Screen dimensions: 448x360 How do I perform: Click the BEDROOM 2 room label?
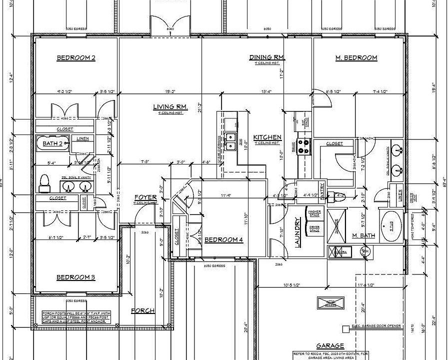(76, 58)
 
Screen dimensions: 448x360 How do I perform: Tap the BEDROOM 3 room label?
(75, 277)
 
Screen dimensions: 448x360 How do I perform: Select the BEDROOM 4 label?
(223, 240)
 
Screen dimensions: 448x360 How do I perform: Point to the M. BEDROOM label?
(356, 58)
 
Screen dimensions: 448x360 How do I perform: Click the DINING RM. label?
(267, 57)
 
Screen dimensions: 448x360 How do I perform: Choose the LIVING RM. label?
(170, 106)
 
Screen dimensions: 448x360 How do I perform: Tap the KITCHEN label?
(267, 137)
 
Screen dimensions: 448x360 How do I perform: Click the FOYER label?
(145, 197)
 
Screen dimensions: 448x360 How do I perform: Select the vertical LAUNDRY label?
(297, 232)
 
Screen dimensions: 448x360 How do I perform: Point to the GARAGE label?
(330, 346)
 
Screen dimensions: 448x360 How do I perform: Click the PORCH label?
(142, 310)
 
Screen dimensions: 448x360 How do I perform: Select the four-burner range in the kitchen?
(303, 145)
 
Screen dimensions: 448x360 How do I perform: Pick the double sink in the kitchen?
(230, 141)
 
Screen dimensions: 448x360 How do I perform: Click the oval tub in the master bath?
(391, 226)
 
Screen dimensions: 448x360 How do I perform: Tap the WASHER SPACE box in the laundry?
(314, 213)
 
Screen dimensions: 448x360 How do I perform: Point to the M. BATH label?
(363, 235)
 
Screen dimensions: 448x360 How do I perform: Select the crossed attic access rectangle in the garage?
(331, 303)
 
